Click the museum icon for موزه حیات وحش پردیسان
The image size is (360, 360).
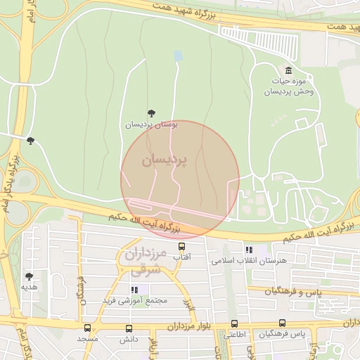289,70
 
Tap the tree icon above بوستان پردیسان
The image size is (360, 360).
151,112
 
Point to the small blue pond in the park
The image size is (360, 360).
178,55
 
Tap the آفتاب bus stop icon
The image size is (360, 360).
182,247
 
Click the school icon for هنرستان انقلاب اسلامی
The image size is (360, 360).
249,250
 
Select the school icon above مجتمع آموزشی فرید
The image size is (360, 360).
134,290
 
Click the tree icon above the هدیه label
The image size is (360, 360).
29,276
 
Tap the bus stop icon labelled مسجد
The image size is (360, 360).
87,328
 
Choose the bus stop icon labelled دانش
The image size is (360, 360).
128,328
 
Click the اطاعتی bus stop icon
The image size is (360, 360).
235,324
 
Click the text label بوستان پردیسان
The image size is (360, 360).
151,124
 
